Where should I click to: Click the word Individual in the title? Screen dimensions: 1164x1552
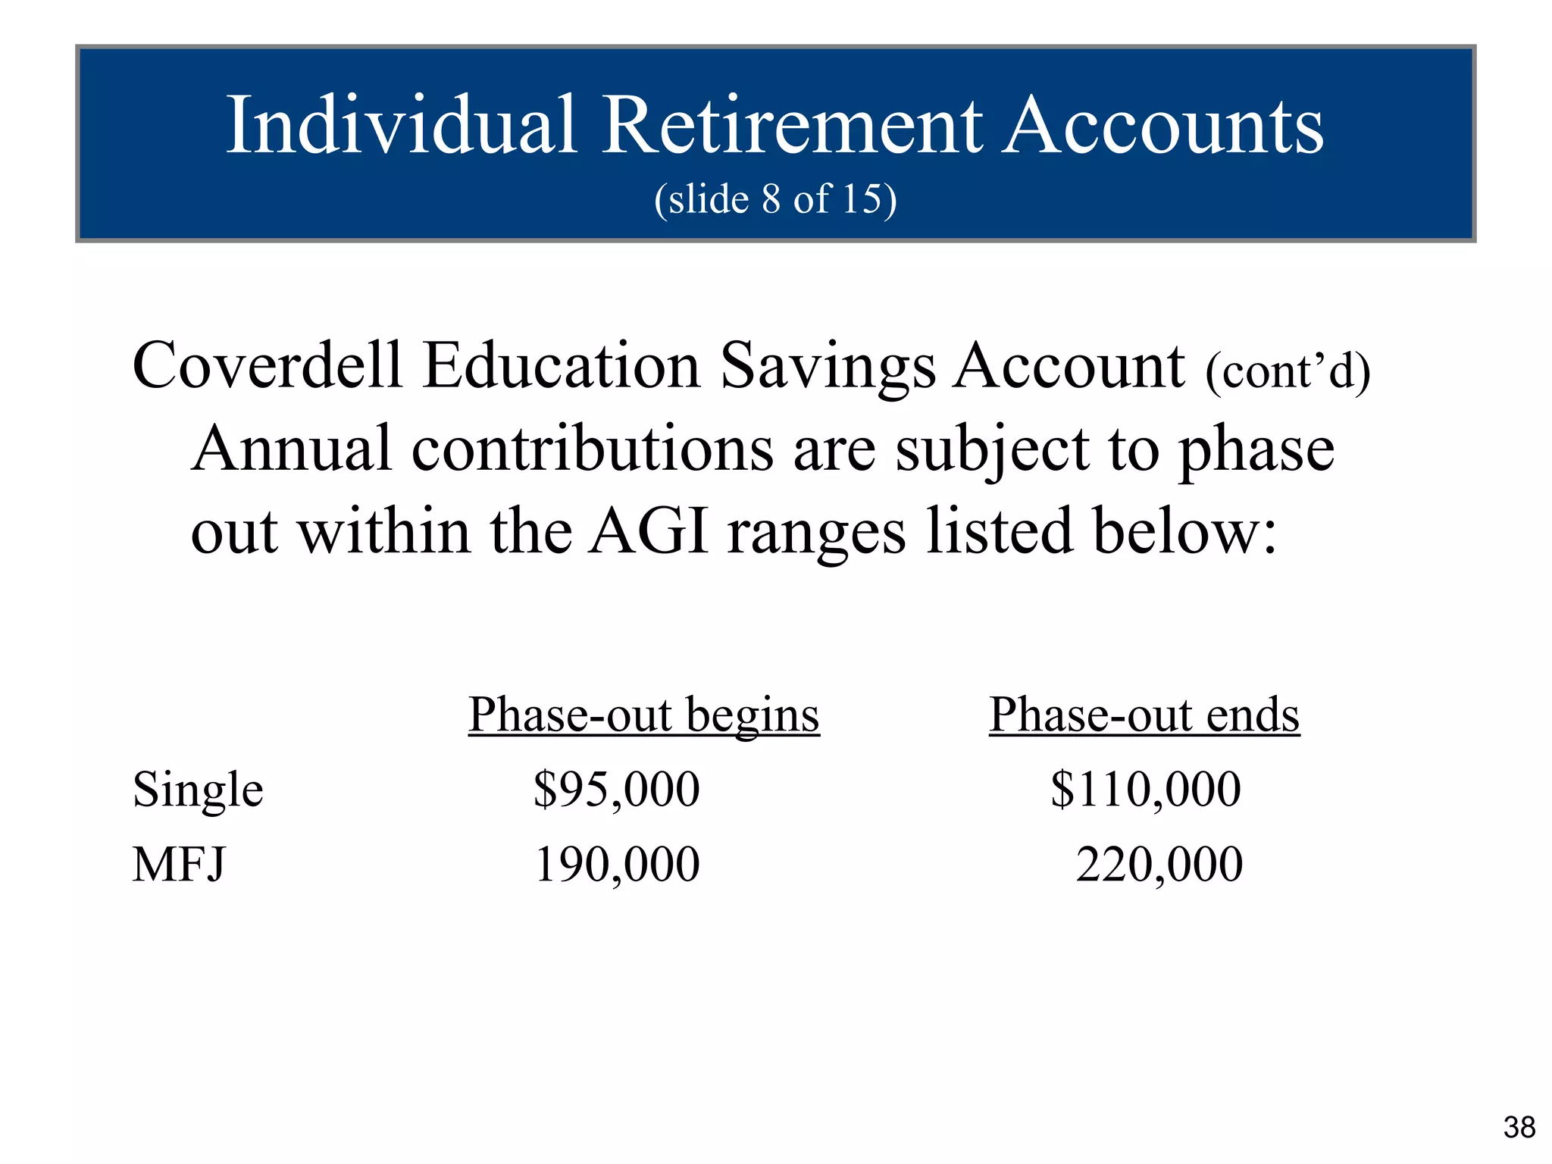(402, 125)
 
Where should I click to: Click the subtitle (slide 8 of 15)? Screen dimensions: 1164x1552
(775, 199)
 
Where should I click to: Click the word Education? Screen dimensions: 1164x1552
(562, 366)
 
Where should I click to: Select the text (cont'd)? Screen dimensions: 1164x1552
(1288, 371)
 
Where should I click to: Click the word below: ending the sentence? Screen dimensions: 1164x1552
(1185, 532)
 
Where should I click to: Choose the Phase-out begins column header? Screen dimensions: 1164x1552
(643, 715)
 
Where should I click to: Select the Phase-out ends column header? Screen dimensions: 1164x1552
(1144, 715)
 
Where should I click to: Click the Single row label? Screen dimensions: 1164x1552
(198, 790)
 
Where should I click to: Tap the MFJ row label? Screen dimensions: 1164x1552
(179, 865)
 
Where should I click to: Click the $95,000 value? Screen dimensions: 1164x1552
(616, 790)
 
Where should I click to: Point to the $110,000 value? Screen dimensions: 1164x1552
(1145, 790)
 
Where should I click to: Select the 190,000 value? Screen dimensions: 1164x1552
(617, 865)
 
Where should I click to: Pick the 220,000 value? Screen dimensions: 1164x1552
(1159, 865)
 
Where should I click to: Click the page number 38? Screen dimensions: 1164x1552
(1519, 1128)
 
